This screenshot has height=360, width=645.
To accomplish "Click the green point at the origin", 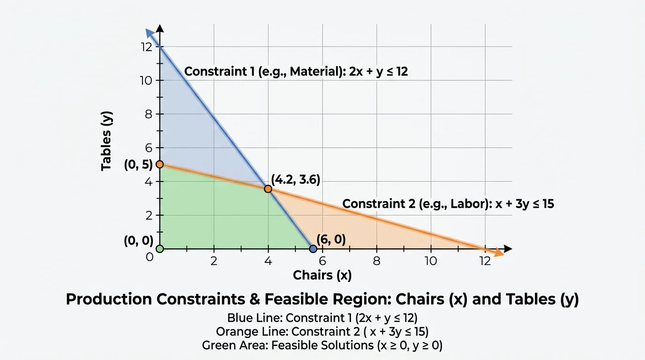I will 159,248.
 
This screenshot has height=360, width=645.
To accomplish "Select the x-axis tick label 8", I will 376,261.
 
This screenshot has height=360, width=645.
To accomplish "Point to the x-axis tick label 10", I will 430,261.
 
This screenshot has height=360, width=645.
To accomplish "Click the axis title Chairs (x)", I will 322,275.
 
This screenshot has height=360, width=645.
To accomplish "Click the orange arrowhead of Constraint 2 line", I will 498,253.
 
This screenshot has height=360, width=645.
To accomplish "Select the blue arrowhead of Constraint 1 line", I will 150,33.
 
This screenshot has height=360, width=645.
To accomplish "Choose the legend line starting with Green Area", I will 322,345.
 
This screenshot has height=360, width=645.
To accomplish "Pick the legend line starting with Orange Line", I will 322,331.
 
